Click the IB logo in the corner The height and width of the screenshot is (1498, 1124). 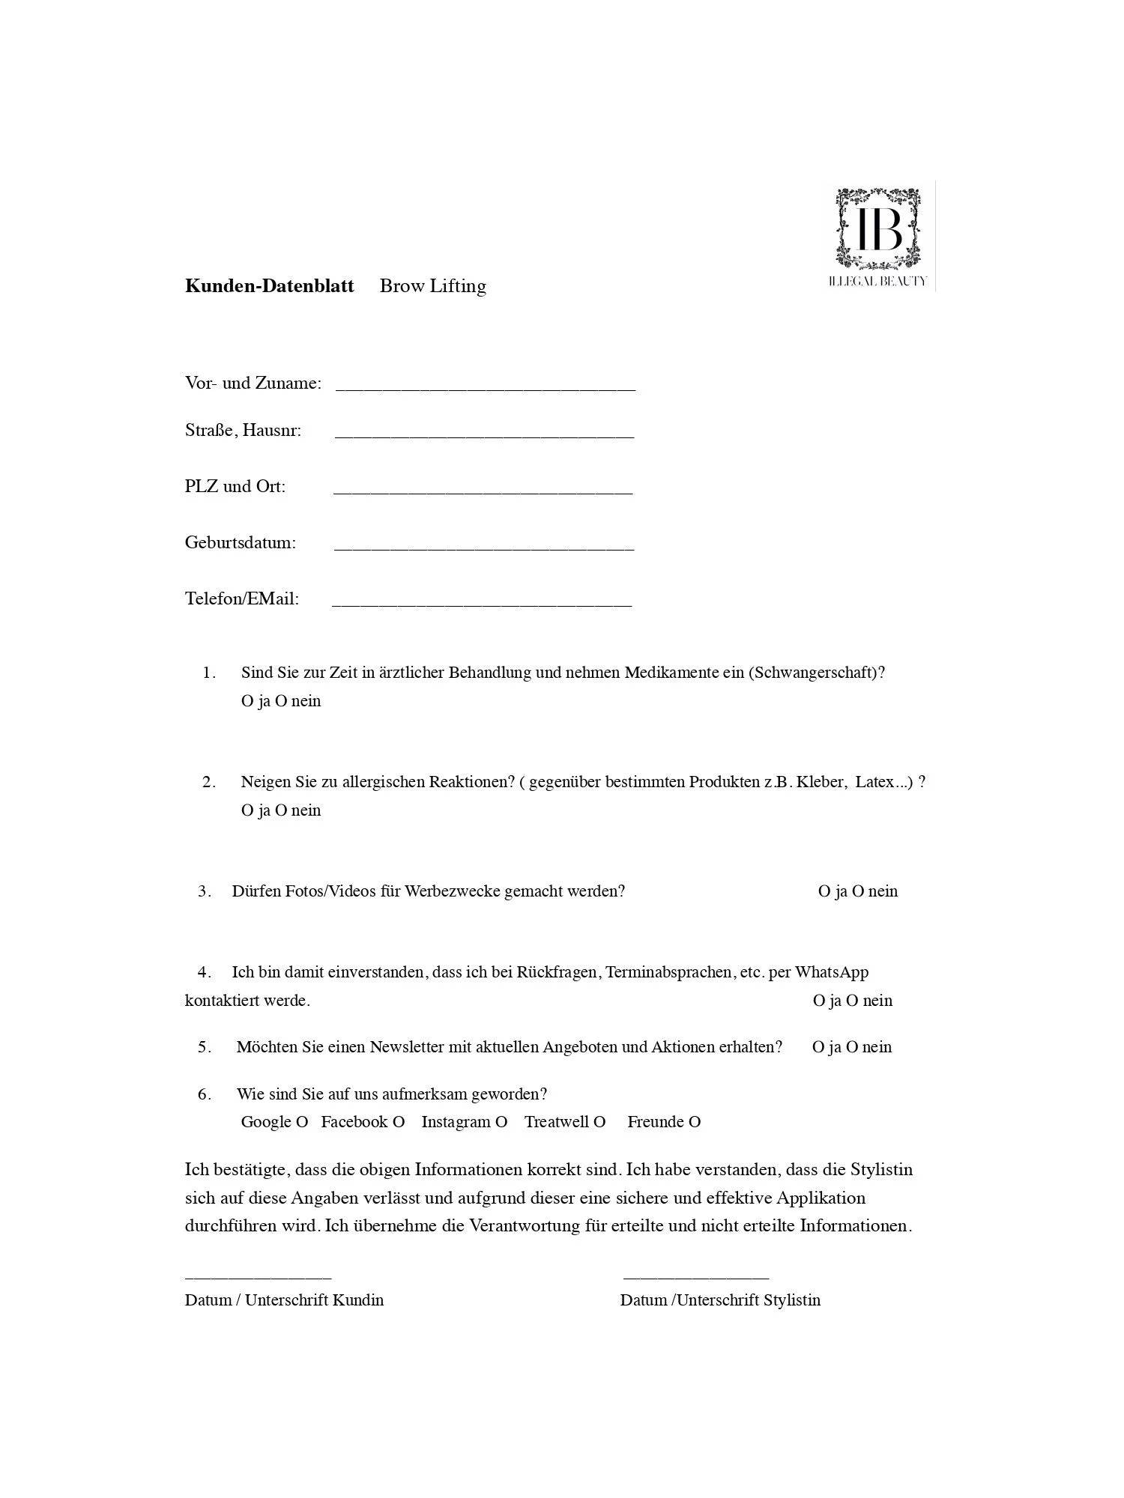tap(878, 234)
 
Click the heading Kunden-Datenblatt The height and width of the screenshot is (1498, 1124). tap(269, 286)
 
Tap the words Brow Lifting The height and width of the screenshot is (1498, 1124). tap(432, 286)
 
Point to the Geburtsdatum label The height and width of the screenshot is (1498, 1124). tap(241, 542)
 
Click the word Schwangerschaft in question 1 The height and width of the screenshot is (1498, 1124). tap(815, 672)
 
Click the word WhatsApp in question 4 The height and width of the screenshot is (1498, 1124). tap(831, 972)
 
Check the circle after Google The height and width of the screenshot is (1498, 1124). tap(302, 1122)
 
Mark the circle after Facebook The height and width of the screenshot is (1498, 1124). tap(399, 1122)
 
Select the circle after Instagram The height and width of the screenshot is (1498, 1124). tap(501, 1122)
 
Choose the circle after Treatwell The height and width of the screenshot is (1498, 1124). tap(599, 1122)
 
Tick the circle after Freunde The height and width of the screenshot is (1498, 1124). tap(695, 1122)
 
